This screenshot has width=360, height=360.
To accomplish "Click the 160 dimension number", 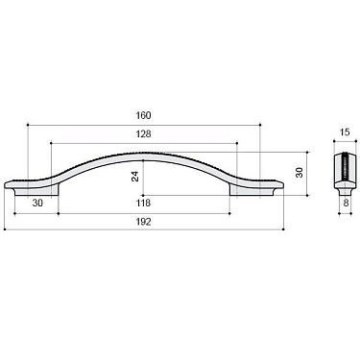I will [x=144, y=116].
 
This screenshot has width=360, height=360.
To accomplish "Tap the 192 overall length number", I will [x=144, y=221].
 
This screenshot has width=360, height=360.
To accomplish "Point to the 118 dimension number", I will [x=144, y=204].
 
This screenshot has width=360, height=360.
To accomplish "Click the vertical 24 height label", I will [x=136, y=176].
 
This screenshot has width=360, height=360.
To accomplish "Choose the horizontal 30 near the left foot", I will [x=37, y=204].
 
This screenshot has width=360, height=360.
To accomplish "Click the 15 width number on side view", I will [x=344, y=133].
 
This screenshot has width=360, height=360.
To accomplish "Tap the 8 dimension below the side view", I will [x=344, y=204].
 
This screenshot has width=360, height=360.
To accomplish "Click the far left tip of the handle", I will [x=8, y=182].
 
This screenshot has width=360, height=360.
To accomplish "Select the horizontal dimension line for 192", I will [x=77, y=229].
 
